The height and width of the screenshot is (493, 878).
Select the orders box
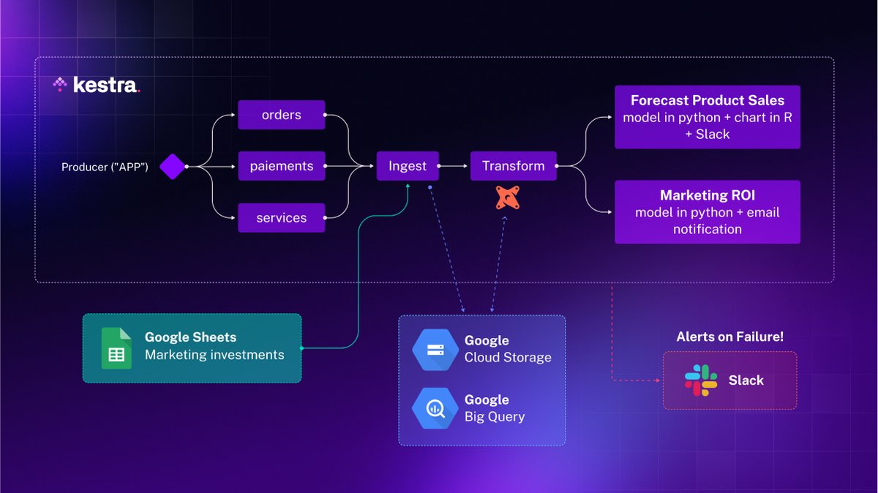tap(282, 115)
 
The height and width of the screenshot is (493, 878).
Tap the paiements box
tap(282, 166)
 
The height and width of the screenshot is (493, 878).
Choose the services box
tap(282, 218)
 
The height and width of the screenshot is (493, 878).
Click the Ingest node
tap(408, 166)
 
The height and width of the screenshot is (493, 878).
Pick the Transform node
tap(513, 166)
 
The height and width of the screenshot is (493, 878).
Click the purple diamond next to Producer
tap(173, 167)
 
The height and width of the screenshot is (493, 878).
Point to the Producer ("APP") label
tap(105, 167)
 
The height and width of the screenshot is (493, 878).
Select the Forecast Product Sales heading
tap(707, 101)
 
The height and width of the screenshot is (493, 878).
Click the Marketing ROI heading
tap(707, 195)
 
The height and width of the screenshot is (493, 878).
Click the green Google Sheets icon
tap(116, 348)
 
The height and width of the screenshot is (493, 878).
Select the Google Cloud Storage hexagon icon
tap(435, 349)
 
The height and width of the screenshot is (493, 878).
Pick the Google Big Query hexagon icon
tap(435, 408)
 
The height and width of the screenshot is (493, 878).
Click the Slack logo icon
tap(701, 380)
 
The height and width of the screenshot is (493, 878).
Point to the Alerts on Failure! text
tap(729, 337)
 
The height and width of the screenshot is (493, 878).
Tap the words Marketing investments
tap(214, 355)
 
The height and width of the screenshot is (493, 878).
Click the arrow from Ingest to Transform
tap(454, 167)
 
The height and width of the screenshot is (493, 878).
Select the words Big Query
tap(495, 417)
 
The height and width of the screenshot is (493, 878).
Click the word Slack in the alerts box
tap(746, 380)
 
